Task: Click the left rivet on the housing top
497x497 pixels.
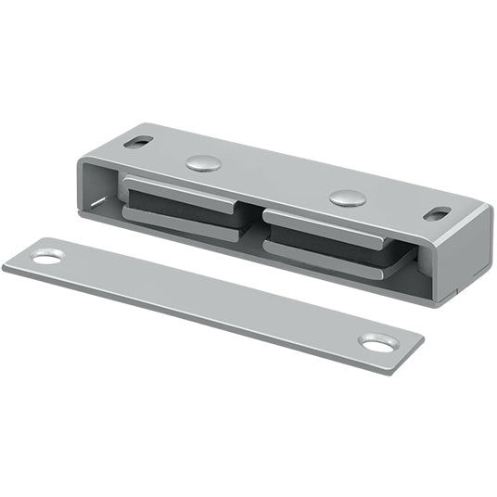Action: [x=203, y=163]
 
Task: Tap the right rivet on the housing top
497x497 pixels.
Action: [x=347, y=197]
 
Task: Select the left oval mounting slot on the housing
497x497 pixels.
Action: [x=140, y=142]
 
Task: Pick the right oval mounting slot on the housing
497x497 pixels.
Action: [x=437, y=214]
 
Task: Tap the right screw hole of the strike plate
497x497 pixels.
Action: [x=376, y=343]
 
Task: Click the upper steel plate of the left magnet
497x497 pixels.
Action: [x=185, y=185]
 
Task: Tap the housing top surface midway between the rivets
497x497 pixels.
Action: [x=274, y=180]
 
